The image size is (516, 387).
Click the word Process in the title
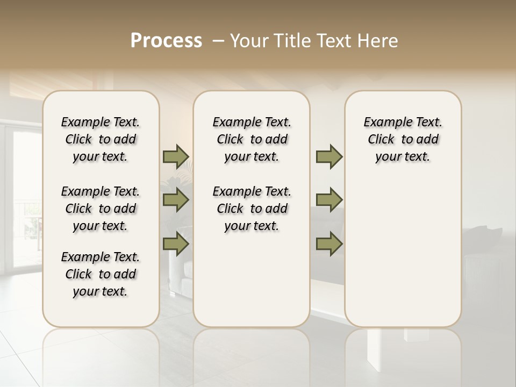pyautogui.click(x=166, y=41)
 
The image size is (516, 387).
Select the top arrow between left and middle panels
pyautogui.click(x=176, y=157)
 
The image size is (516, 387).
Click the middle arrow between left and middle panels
pyautogui.click(x=176, y=200)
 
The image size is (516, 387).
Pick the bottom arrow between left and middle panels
pyautogui.click(x=176, y=243)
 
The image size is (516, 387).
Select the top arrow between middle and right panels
pyautogui.click(x=329, y=157)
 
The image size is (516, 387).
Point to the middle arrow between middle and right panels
pyautogui.click(x=329, y=200)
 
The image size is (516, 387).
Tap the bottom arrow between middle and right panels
pyautogui.click(x=329, y=243)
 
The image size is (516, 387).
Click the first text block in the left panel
pyautogui.click(x=101, y=139)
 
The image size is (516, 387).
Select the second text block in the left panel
pyautogui.click(x=101, y=209)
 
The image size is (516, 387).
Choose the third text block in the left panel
pyautogui.click(x=101, y=274)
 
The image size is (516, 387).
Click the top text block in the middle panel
pyautogui.click(x=252, y=139)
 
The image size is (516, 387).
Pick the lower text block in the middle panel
pyautogui.click(x=252, y=209)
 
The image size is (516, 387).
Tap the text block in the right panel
pyautogui.click(x=403, y=139)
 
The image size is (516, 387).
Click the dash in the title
pyautogui.click(x=218, y=41)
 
